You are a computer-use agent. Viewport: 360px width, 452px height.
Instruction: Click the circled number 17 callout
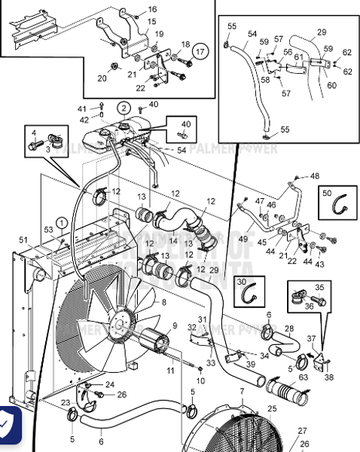200,51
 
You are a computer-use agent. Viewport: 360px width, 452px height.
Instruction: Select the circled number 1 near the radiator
60,222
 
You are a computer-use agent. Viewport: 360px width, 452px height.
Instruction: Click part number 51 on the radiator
23,241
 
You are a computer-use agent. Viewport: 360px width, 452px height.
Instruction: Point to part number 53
48,228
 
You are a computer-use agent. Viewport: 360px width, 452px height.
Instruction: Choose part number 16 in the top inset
153,9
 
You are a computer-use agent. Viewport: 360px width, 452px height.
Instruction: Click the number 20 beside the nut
102,78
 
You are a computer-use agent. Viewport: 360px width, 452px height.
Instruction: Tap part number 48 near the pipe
315,176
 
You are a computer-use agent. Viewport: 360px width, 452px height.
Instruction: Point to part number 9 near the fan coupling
175,326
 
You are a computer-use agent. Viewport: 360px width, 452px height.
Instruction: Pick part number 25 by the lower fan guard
272,409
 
